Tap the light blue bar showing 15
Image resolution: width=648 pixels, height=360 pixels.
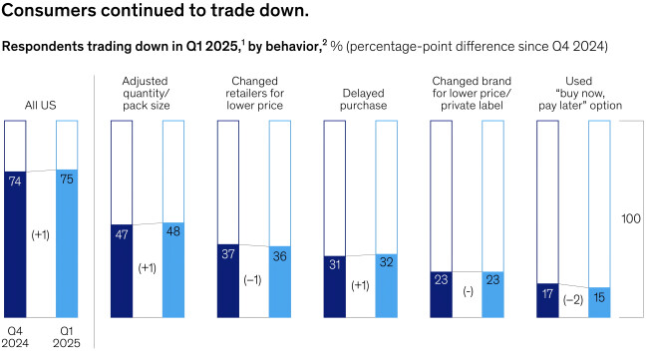pos(600,302)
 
